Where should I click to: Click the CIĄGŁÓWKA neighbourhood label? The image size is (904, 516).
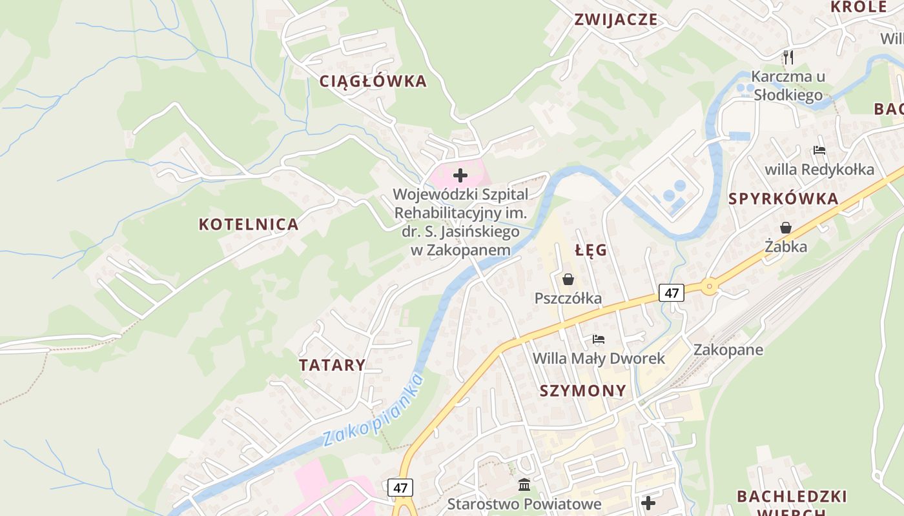[x=373, y=81]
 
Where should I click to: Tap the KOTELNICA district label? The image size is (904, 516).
[x=249, y=224]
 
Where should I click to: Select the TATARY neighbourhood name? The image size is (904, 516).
[x=332, y=365]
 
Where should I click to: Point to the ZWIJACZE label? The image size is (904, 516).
[x=616, y=19]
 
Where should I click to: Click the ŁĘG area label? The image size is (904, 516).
[x=591, y=250]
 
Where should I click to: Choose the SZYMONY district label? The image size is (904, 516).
[x=582, y=391]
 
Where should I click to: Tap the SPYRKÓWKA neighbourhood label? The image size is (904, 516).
[x=783, y=199]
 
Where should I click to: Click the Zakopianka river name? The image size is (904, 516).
[x=374, y=410]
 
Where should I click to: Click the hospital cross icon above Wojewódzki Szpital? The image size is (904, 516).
[x=460, y=175]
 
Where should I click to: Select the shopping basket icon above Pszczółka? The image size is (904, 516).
[x=568, y=279]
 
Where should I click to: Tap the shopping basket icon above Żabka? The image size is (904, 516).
[x=786, y=228]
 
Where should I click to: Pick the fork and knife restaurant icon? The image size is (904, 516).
[x=788, y=57]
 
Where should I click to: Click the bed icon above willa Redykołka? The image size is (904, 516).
[x=819, y=150]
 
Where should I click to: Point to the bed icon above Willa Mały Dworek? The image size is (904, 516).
[x=599, y=339]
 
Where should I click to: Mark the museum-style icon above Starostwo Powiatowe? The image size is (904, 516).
[x=524, y=484]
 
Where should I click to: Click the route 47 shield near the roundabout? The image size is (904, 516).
[x=672, y=293]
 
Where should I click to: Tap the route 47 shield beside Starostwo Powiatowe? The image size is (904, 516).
[x=400, y=488]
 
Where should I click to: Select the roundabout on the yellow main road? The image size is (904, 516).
[x=710, y=284]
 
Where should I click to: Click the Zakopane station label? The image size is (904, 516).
[x=728, y=350]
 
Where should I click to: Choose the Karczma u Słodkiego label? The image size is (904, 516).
[x=788, y=86]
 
